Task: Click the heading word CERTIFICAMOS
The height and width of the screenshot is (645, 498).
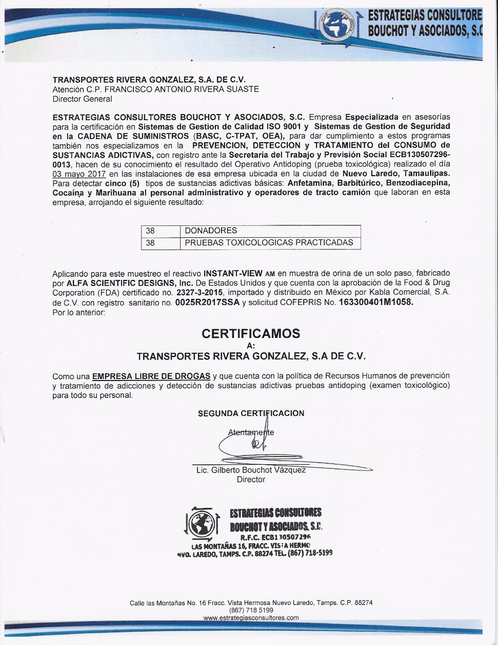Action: [251, 333]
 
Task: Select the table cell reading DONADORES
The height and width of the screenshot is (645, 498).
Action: [211, 231]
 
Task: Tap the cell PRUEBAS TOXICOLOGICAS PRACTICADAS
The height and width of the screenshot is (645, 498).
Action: [269, 242]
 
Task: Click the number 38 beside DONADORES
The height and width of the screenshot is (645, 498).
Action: [150, 231]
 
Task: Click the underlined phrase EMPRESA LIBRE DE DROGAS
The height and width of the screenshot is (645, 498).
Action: [151, 376]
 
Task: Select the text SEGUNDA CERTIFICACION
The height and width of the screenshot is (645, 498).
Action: [251, 413]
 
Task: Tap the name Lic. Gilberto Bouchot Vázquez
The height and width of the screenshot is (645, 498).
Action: [251, 470]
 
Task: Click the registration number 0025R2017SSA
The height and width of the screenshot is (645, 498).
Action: [207, 303]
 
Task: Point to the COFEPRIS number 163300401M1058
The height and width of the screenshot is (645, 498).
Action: [375, 303]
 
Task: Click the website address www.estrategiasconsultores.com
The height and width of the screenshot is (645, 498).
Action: [251, 618]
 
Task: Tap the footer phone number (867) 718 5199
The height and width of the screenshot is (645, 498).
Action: [251, 610]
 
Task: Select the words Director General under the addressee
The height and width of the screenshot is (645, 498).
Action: [82, 99]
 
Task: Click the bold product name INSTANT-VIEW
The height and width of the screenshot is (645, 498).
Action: [233, 273]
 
